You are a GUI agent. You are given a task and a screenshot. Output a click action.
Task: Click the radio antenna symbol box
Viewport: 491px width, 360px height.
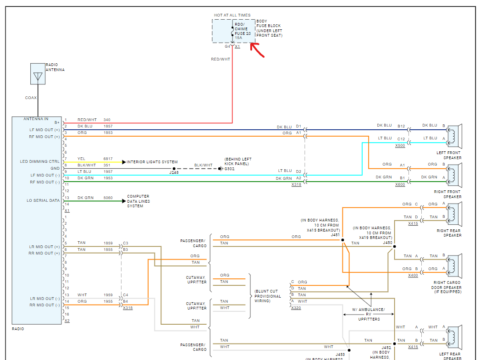(x=38, y=74)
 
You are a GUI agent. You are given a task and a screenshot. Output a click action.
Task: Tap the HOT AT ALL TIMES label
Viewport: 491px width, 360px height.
(x=232, y=15)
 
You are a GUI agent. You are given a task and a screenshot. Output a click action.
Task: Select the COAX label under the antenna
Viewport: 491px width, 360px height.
(x=31, y=98)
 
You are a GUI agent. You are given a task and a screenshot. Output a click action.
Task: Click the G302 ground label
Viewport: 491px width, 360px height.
(x=229, y=169)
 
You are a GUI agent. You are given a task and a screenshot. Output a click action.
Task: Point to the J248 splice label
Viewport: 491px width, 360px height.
(x=174, y=173)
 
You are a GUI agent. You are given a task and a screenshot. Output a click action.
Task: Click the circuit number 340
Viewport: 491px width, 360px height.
(x=107, y=120)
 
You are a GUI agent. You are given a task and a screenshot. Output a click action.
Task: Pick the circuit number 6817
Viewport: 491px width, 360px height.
(x=108, y=159)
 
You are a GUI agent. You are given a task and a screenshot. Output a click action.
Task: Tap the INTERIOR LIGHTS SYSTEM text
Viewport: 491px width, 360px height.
(x=152, y=162)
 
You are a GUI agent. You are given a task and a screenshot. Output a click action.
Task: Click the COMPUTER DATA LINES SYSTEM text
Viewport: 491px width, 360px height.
(x=138, y=201)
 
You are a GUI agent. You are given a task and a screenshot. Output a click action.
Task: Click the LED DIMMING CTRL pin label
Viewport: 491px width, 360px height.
(x=40, y=161)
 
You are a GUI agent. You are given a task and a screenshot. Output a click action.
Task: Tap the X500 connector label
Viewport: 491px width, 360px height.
(x=400, y=145)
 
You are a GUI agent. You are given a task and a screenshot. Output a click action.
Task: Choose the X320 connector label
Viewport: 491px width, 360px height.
(x=296, y=308)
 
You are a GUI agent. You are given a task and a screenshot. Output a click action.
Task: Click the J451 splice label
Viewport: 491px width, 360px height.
(x=335, y=234)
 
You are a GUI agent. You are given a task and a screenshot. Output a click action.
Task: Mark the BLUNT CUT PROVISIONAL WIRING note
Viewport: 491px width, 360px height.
(x=268, y=296)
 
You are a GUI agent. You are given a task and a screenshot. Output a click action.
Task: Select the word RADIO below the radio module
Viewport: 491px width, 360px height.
(x=18, y=329)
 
